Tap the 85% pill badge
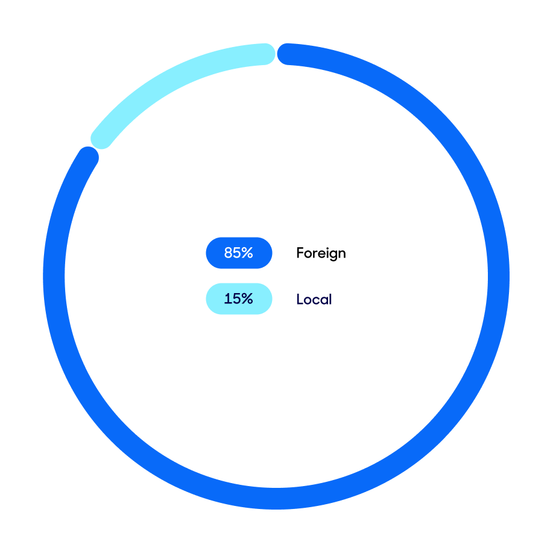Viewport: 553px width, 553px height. (239, 253)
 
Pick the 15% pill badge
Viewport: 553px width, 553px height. (239, 299)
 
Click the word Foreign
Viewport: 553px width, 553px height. (321, 253)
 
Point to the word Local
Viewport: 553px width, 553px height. (314, 299)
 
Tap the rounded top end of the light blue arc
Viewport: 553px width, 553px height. (265, 54)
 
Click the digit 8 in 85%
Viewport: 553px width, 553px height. (229, 253)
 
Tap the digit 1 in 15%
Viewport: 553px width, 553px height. (227, 299)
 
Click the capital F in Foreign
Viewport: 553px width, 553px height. (300, 253)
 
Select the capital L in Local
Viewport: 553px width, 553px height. (300, 299)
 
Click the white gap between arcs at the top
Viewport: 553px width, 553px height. (276, 54)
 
